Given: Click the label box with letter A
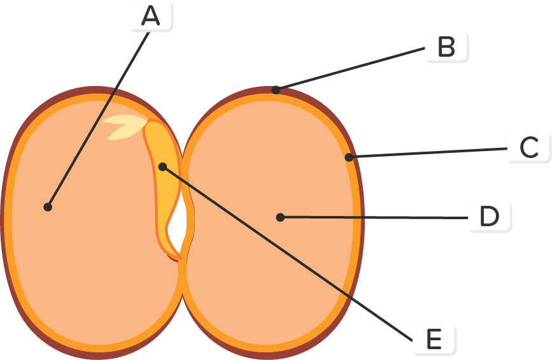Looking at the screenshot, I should (x=151, y=16).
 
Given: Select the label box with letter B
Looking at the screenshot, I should (x=446, y=47).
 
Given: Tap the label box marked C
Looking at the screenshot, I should (x=528, y=148).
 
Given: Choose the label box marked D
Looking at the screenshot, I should (x=490, y=217).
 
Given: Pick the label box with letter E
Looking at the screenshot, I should (x=434, y=340).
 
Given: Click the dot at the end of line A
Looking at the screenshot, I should (x=48, y=206).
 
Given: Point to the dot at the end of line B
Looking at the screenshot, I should (x=276, y=90).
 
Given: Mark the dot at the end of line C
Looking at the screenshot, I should (x=349, y=157).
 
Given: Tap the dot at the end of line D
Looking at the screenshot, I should (x=280, y=218).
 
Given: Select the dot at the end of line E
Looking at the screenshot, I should (x=162, y=166).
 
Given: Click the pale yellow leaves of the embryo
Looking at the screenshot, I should (x=124, y=127).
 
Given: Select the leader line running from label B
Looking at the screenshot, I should (x=350, y=68).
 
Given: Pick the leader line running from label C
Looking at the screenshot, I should (x=427, y=153).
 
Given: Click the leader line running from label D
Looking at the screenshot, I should (x=376, y=218).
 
